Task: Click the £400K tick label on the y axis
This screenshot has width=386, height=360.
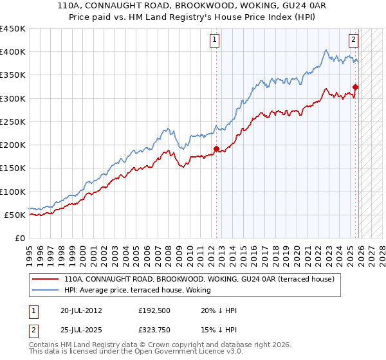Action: click(13, 52)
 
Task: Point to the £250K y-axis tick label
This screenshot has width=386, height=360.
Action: click(13, 122)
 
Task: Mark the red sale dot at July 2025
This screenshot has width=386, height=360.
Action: click(356, 87)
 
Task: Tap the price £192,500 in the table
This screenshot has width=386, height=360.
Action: click(153, 310)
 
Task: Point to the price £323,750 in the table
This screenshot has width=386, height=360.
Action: click(153, 331)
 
